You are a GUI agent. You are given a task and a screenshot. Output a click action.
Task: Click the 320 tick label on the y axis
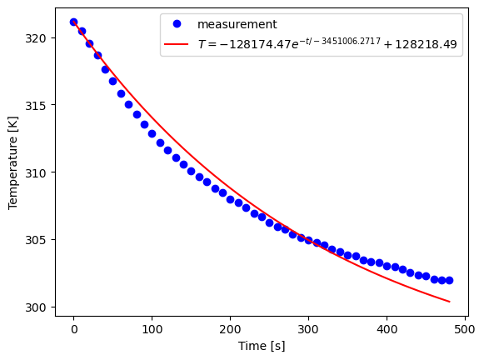pos(40,38)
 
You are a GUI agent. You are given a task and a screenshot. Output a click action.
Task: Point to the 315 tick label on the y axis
pos(40,105)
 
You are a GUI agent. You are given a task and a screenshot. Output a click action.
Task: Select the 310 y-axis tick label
pos(40,172)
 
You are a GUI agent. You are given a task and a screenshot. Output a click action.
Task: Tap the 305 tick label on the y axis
pos(40,240)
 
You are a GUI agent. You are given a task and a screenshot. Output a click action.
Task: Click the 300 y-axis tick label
pos(40,307)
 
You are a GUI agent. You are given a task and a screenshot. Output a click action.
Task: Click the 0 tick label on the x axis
pos(74,329)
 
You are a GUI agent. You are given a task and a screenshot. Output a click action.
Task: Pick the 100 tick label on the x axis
pos(152,329)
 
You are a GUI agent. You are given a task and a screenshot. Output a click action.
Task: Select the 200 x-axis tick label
pos(231,329)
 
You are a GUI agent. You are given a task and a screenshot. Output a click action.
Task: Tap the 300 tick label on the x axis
pos(308,329)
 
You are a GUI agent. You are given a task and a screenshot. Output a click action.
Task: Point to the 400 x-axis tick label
pos(387,329)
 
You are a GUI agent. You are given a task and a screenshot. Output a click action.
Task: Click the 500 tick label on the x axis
pos(465,329)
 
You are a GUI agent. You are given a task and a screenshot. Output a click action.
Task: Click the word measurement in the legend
pos(237,25)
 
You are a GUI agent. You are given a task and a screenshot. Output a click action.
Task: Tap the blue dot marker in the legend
pos(177,25)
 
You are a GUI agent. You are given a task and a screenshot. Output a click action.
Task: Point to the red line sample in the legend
pos(177,44)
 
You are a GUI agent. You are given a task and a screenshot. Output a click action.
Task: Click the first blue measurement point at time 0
pos(74,22)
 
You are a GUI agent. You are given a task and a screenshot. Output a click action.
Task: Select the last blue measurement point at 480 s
pos(449,280)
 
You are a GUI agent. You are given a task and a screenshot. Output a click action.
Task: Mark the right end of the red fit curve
pos(449,302)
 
